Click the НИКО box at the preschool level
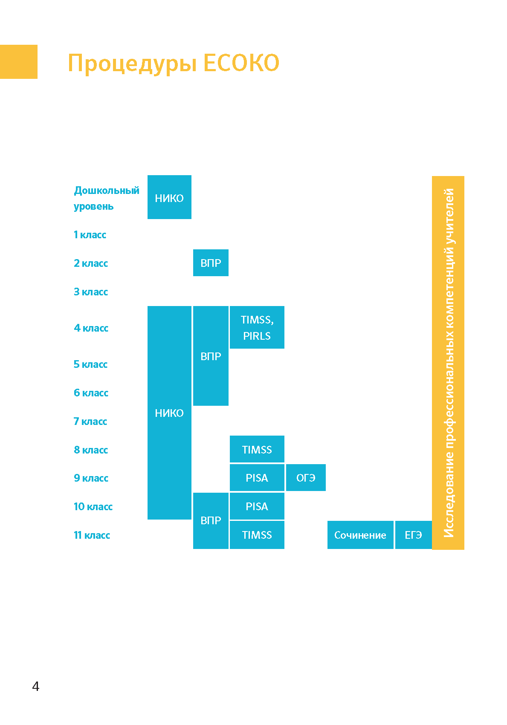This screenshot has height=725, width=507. [x=169, y=197]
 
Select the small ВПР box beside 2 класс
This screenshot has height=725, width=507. [x=211, y=263]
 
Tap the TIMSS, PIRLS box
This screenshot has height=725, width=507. [x=257, y=327]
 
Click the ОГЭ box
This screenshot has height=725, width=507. [x=306, y=478]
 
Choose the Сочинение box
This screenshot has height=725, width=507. [x=360, y=535]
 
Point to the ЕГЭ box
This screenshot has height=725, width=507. [x=414, y=535]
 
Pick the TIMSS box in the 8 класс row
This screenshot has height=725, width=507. [x=257, y=449]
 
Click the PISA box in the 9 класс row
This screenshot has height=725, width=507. [x=257, y=478]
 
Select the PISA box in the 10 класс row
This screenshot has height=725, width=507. [x=257, y=506]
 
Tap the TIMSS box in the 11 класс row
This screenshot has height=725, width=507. [x=257, y=535]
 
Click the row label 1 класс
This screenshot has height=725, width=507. [x=90, y=235]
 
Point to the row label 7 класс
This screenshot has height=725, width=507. [x=90, y=421]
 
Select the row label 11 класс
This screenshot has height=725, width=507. [x=92, y=535]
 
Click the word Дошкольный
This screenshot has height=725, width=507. [x=107, y=191]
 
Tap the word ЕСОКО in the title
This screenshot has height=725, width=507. [x=241, y=63]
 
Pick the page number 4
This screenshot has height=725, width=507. [x=36, y=686]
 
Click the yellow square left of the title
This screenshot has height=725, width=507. [x=19, y=62]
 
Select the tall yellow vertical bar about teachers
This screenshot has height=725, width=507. [x=448, y=363]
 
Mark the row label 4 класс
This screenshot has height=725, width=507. [x=91, y=328]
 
